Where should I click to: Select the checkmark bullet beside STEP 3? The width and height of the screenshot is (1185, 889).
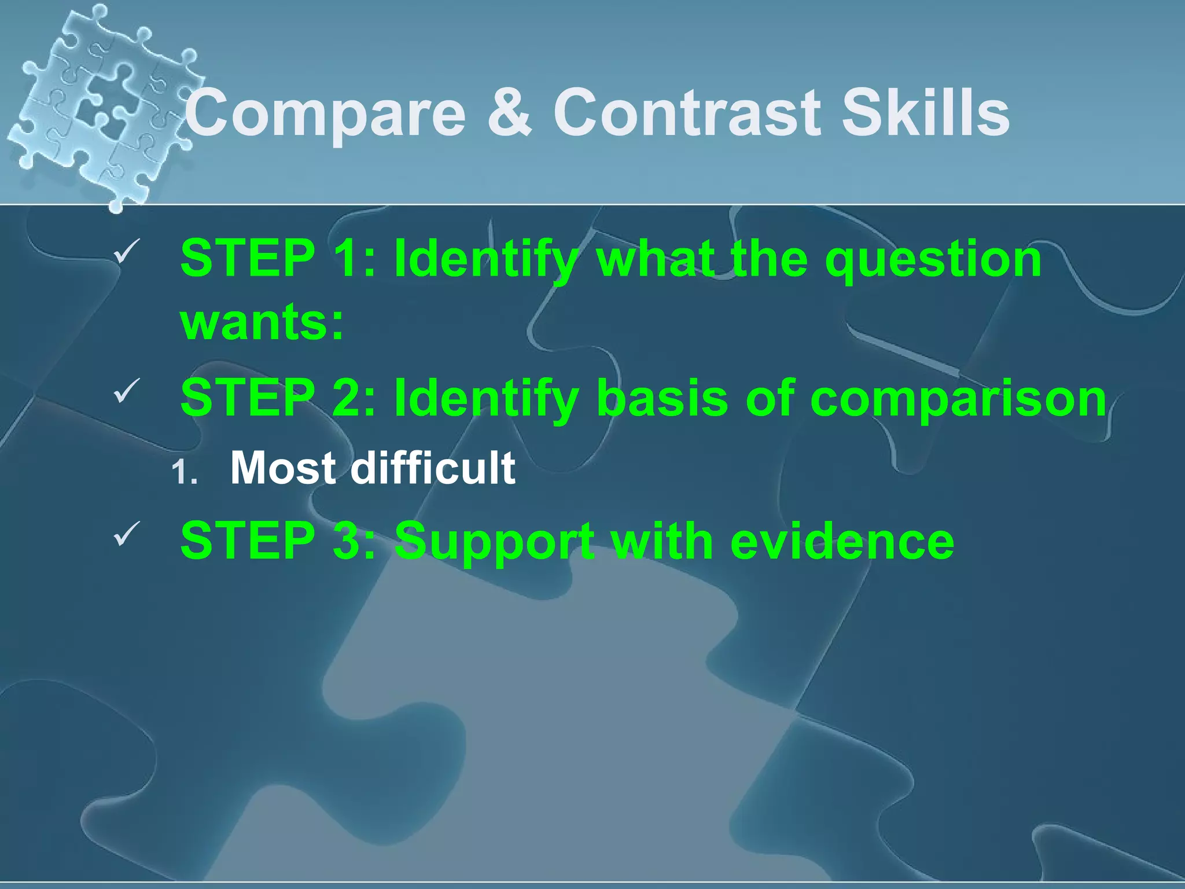(x=126, y=533)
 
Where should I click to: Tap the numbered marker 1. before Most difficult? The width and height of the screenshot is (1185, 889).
(x=185, y=473)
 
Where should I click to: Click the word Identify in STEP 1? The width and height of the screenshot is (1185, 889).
(x=486, y=259)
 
